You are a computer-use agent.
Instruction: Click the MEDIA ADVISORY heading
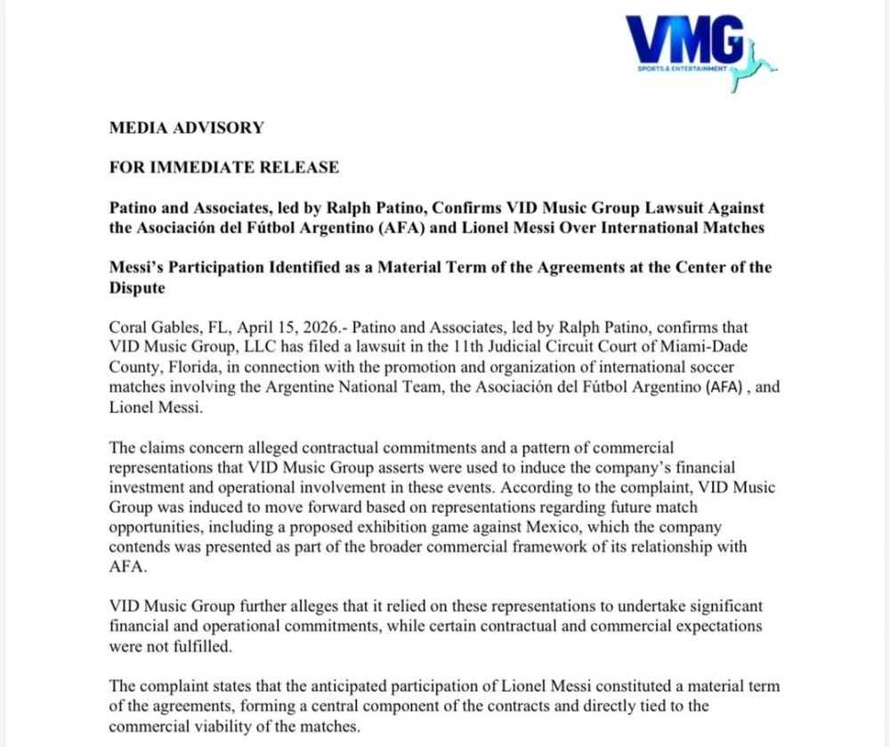pos(186,127)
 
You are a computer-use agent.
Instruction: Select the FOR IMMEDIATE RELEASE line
pos(223,166)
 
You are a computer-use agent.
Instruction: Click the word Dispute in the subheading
pos(137,287)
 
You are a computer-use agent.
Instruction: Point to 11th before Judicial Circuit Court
pos(476,346)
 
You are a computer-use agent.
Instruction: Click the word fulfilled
pos(186,646)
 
